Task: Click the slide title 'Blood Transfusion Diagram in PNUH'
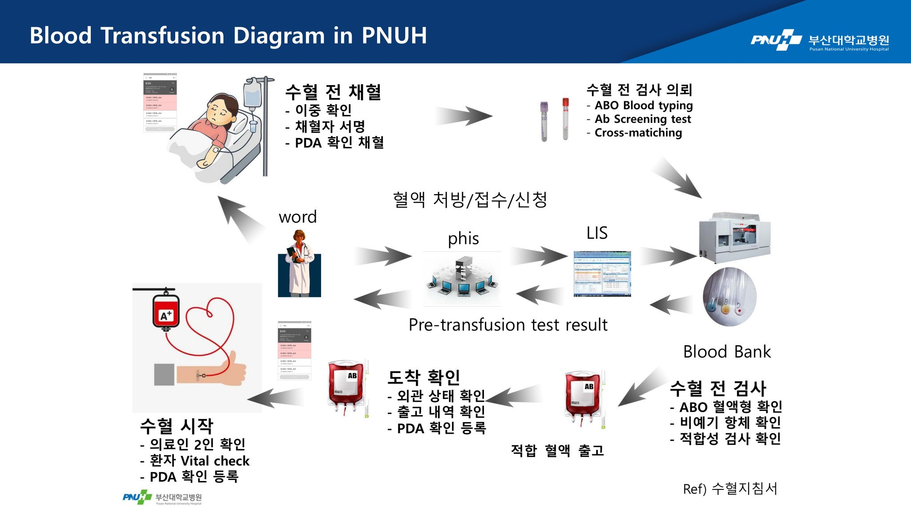[228, 36]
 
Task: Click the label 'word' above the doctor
[298, 217]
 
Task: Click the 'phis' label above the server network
[463, 239]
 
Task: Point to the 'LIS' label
[597, 233]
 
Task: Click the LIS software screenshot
[602, 274]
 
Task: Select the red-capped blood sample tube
[565, 118]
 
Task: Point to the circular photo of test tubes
[730, 297]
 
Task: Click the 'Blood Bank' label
[726, 352]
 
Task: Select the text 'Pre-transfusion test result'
[508, 325]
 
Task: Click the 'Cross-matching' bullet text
[638, 133]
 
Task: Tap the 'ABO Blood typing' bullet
[643, 106]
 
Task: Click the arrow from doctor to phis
[383, 256]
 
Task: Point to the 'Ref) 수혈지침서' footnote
[730, 489]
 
